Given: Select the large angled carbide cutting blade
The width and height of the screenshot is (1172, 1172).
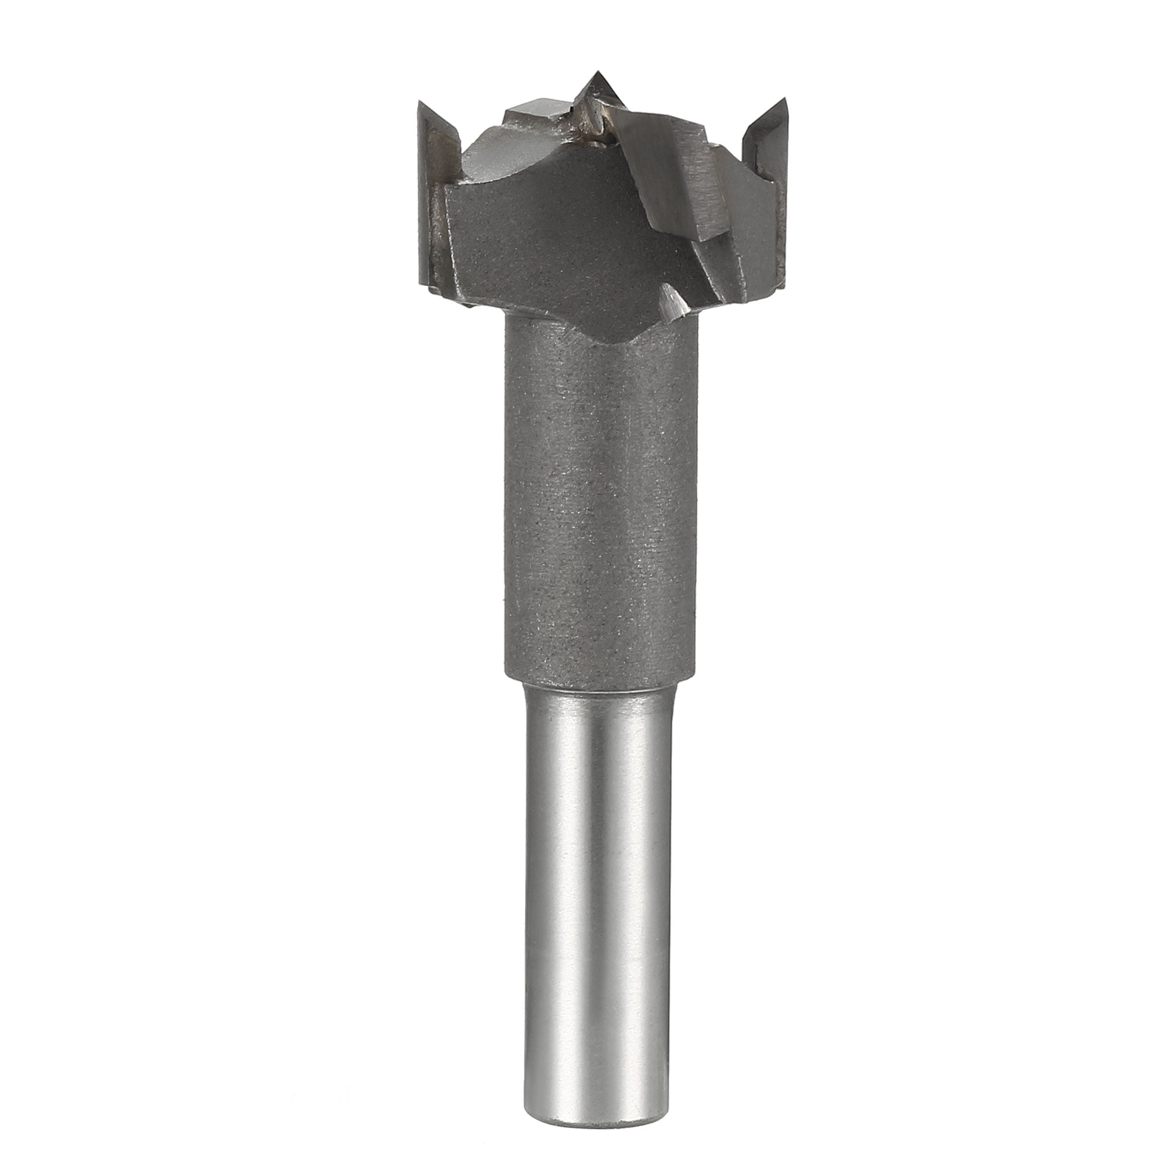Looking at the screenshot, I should [x=667, y=176].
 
